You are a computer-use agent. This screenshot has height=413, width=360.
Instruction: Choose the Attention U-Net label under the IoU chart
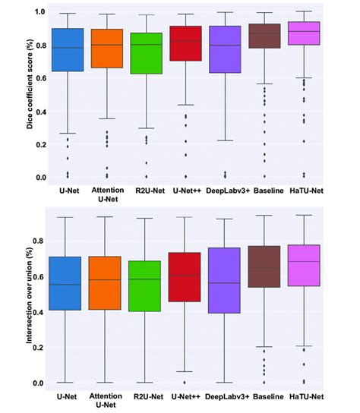[x=106, y=402]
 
